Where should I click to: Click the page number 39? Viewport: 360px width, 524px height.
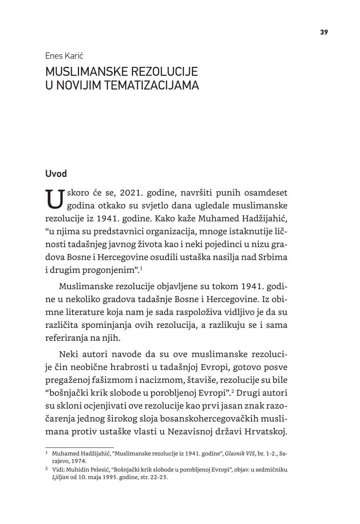(x=324, y=33)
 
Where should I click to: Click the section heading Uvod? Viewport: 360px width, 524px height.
(x=56, y=174)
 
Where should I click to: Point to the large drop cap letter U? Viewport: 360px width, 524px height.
(x=55, y=199)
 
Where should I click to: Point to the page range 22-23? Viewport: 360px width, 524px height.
(x=158, y=477)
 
